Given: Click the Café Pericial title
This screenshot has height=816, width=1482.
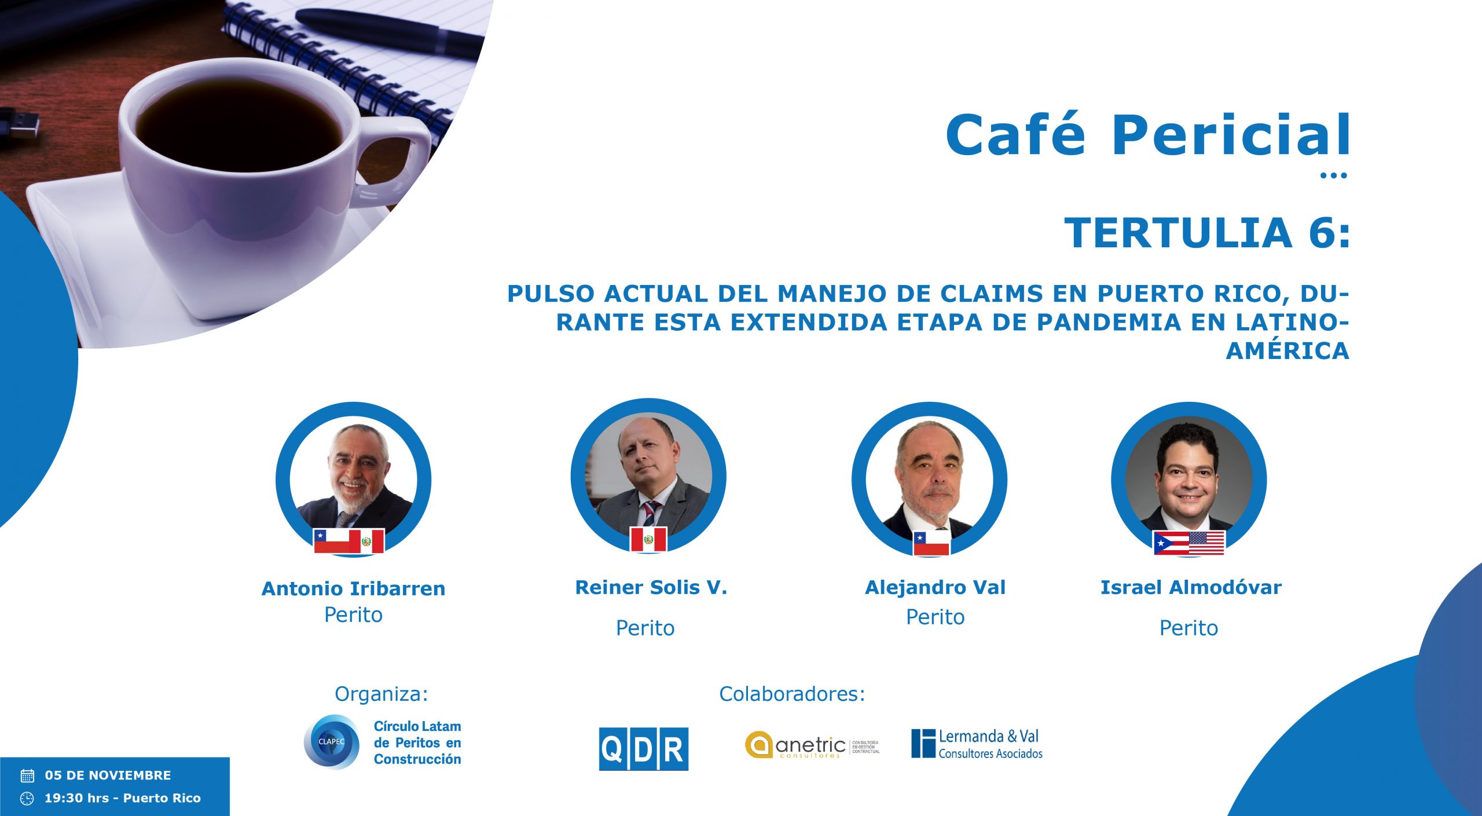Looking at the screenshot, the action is click(1147, 134).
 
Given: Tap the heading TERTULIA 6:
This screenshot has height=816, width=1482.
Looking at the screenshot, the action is click(1207, 233).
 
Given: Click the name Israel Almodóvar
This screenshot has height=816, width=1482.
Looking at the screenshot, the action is click(1191, 587).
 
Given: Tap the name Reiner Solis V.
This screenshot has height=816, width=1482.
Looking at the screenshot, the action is click(651, 587).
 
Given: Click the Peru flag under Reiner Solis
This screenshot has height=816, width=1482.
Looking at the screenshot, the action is click(648, 540).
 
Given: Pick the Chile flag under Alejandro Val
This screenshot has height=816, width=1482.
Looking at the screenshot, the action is click(931, 543).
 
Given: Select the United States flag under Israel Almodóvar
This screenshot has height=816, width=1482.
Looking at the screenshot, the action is click(1207, 543).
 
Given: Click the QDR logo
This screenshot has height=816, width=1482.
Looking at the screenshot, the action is click(644, 749).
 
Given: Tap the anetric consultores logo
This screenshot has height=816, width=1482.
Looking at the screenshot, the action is click(812, 745).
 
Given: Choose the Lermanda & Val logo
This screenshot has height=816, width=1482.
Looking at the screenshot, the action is click(977, 744).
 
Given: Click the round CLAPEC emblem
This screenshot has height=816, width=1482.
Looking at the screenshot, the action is click(332, 742).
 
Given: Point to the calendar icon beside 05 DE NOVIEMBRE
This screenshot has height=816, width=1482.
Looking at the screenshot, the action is click(27, 775).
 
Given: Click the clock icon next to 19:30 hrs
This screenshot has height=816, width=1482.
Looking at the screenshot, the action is click(27, 799).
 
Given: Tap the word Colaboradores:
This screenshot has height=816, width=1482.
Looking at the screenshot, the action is click(792, 694).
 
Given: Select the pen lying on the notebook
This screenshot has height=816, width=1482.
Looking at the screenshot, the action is click(389, 32).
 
